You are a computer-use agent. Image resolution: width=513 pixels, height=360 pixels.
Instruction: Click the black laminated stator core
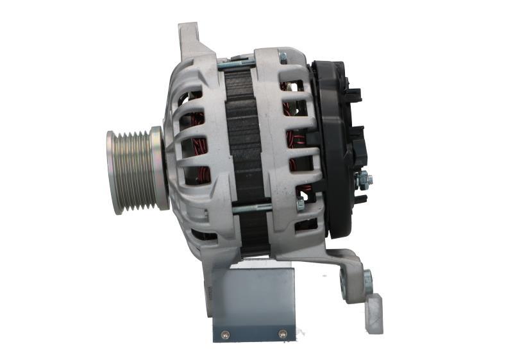point(244,141)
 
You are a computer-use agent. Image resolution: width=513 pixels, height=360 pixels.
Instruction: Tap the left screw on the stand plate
point(224,334)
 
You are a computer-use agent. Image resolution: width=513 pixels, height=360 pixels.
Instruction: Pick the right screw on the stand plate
point(282,334)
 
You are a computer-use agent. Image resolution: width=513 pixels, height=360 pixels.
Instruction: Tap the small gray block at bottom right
point(374,314)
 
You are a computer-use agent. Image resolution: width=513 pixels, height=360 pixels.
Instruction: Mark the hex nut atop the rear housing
point(283,58)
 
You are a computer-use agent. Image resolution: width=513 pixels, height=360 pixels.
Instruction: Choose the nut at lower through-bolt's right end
point(300,205)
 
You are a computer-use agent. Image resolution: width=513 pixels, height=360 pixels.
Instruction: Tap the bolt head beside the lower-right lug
point(367,280)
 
